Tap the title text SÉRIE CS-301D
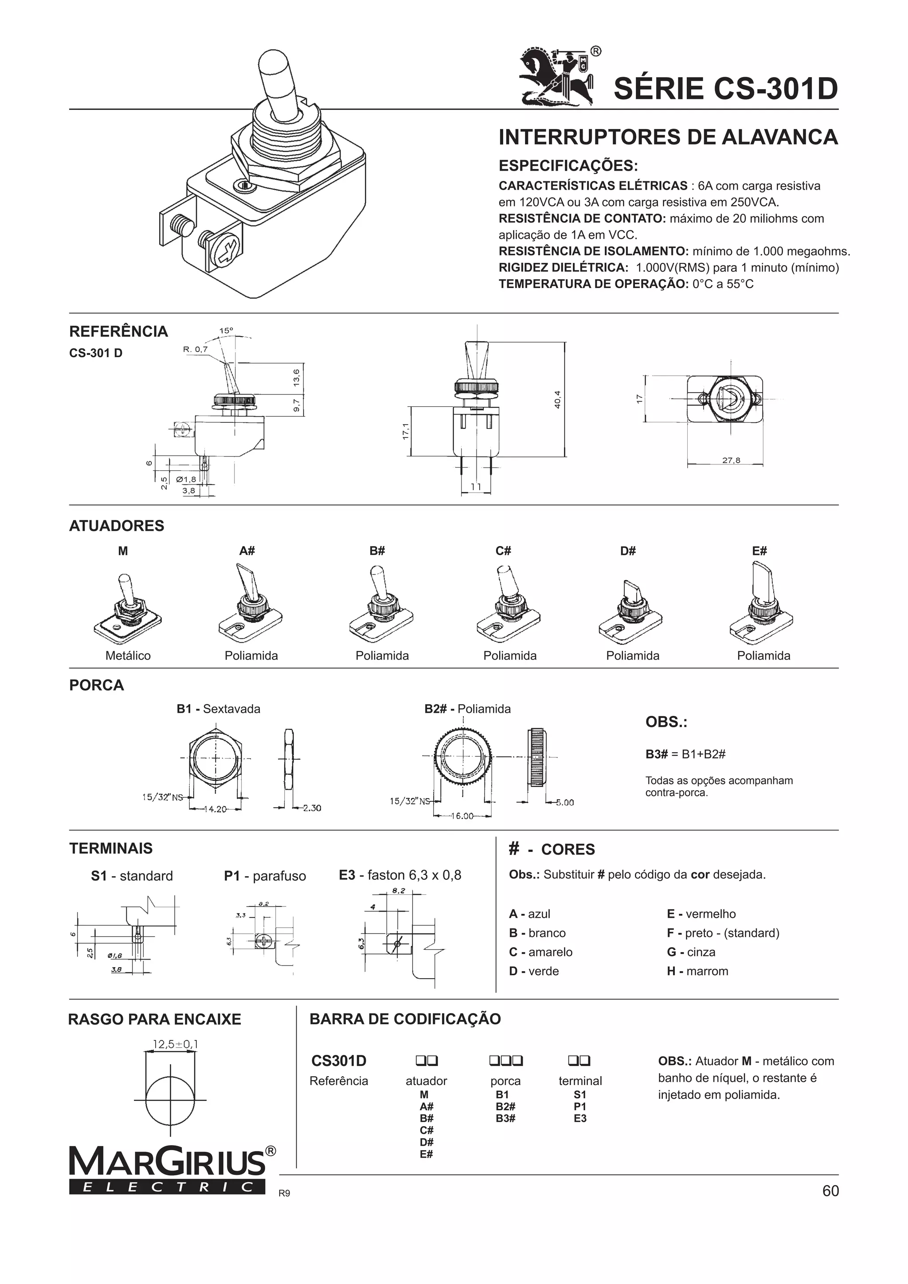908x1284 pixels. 726,88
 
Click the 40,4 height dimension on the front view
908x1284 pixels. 557,399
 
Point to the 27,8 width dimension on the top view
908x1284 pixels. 731,460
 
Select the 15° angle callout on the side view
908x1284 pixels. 226,331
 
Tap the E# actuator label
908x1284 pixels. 759,551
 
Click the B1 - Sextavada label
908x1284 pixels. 218,709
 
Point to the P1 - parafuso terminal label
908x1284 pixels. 265,876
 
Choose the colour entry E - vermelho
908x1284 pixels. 701,914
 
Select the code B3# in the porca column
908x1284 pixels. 505,1119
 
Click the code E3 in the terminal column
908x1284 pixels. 579,1119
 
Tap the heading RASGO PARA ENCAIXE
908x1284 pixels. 154,1019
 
